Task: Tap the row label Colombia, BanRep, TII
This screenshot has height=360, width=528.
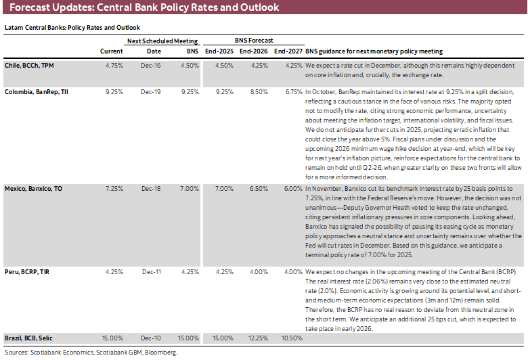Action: coord(37,91)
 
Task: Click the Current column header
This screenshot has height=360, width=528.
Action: coord(112,51)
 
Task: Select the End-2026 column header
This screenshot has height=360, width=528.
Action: coord(252,51)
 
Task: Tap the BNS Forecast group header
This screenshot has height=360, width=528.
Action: coord(252,41)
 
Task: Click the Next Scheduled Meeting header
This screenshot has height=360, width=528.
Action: coord(162,41)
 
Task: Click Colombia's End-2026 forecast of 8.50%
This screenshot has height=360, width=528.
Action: coord(253,91)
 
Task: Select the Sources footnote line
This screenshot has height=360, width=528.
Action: coord(91,352)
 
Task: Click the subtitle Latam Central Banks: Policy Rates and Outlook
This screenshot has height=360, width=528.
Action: coord(72,28)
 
